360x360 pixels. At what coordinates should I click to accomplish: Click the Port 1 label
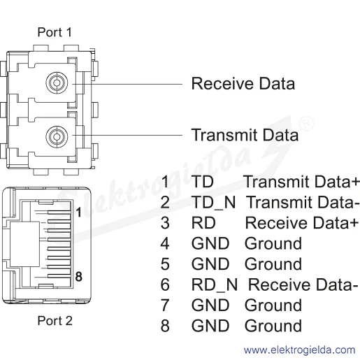point(55,32)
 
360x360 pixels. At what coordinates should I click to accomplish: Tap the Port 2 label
point(55,321)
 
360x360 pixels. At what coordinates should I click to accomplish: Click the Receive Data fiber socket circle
point(57,83)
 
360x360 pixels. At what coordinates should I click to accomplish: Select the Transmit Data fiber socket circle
point(57,136)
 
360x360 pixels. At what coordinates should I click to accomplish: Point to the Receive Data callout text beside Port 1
point(243,83)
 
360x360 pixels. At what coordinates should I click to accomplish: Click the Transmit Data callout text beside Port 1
point(245,135)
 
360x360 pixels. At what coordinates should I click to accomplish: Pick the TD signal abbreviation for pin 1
point(202,182)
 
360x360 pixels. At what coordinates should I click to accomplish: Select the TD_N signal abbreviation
point(213,203)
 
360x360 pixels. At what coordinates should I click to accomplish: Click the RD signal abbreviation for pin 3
point(203,223)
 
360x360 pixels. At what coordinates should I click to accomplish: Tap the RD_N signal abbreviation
point(215,285)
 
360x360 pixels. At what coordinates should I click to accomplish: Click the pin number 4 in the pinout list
point(165,243)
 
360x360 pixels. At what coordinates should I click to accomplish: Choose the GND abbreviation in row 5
point(210,264)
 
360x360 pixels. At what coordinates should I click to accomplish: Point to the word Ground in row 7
point(273,305)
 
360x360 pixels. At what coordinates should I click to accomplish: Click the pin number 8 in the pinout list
point(165,326)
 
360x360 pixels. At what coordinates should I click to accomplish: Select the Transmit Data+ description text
point(301,182)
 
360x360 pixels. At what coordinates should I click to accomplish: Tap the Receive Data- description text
point(303,285)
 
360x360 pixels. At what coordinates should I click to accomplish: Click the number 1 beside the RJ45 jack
point(79,213)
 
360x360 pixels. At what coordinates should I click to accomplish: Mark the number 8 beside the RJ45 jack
point(79,277)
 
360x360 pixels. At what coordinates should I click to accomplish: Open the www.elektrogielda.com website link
point(299,350)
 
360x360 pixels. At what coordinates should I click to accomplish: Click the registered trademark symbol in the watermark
point(306,124)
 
